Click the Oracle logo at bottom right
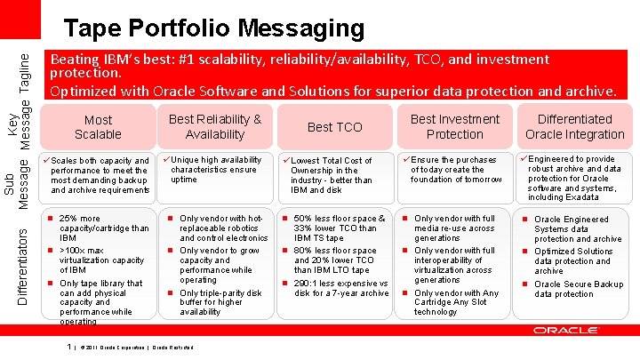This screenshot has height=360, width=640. [x=565, y=331]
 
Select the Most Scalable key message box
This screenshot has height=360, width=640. [x=98, y=127]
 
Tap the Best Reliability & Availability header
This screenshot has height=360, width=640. [x=214, y=127]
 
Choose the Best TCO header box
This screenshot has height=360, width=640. [x=334, y=127]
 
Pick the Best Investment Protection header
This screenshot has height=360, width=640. [x=454, y=127]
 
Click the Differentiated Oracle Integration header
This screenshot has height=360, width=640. [x=574, y=127]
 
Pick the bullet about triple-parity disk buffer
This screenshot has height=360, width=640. [x=220, y=302]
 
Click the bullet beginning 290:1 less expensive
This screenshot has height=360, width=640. [x=340, y=287]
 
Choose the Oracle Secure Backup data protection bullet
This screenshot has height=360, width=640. [x=579, y=289]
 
